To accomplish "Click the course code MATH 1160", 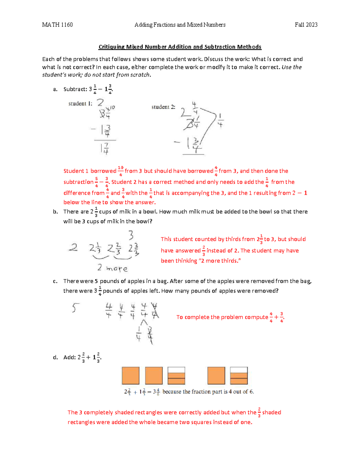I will tap(57, 25).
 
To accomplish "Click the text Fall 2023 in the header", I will tap(306, 25).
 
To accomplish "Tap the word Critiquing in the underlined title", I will tap(111, 47).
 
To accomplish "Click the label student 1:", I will tap(80, 104).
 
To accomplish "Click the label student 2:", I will tap(163, 107).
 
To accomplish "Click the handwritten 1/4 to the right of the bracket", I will tap(220, 120).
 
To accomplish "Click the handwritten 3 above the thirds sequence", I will tap(131, 235).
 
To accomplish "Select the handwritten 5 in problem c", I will tap(75, 308).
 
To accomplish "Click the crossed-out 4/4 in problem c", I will tap(155, 310).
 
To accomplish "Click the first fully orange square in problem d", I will tap(130, 375).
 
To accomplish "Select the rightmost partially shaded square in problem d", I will tap(239, 375).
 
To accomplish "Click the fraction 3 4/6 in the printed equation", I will tap(156, 392).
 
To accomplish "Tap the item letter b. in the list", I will tap(55, 212).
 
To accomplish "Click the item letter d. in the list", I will tap(55, 357).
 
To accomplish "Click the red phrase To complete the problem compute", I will tap(222, 317).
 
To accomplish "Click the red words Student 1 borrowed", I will tap(90, 171).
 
